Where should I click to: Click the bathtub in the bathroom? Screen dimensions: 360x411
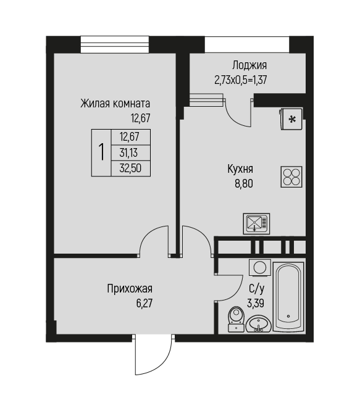tap(288, 296)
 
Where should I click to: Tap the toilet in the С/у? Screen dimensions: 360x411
tap(237, 319)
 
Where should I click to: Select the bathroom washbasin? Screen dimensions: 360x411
tap(259, 324)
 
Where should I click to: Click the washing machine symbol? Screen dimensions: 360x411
tap(259, 267)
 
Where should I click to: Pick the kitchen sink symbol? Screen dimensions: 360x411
tap(256, 223)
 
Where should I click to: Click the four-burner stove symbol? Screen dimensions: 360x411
tap(291, 176)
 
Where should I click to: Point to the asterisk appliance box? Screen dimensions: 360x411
tap(291, 119)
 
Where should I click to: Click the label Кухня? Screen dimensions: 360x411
tap(240, 169)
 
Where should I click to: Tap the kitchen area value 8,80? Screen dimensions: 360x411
tap(244, 183)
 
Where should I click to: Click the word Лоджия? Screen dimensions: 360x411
tap(249, 65)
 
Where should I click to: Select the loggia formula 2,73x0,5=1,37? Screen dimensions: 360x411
tap(241, 80)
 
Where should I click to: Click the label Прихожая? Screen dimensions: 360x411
tap(130, 289)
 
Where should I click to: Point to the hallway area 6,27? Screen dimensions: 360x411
tap(144, 303)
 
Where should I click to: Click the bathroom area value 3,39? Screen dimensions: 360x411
tap(256, 303)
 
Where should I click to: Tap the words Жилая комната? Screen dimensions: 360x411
tap(115, 104)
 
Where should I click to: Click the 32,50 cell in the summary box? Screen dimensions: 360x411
tap(131, 168)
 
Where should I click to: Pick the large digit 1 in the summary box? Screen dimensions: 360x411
tap(101, 152)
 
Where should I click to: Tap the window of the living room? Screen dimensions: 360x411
tap(115, 44)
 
